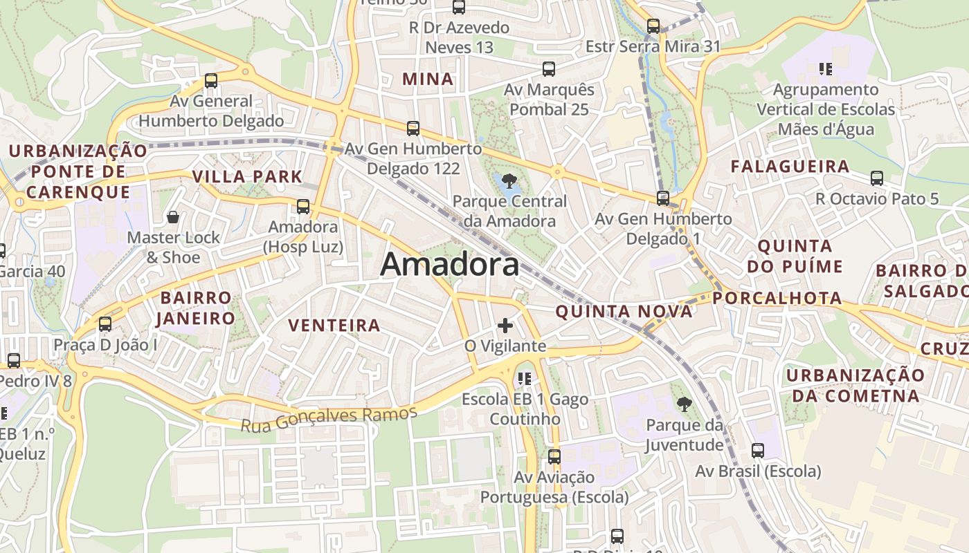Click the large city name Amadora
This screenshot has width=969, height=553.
(450, 264)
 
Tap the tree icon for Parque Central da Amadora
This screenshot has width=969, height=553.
(510, 182)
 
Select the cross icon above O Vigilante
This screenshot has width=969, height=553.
(505, 325)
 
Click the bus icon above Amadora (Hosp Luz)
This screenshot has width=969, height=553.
(302, 206)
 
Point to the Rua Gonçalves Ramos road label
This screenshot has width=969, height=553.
(329, 418)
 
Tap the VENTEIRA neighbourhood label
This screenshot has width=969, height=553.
(334, 325)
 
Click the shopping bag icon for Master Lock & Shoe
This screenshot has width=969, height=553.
(173, 217)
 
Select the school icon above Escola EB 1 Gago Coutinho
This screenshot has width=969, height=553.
(524, 378)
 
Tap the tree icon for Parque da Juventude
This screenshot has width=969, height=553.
(684, 404)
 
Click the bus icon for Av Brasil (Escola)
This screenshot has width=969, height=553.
(758, 451)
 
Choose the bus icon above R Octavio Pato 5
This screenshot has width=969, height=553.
(877, 178)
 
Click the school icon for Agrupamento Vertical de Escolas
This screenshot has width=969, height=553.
(825, 68)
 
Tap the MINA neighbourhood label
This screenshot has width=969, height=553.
(428, 79)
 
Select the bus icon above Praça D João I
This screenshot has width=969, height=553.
(105, 324)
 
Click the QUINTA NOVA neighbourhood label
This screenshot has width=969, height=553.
(624, 312)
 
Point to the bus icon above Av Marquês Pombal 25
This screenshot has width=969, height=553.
(549, 69)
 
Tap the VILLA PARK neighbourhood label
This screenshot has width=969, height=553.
(248, 176)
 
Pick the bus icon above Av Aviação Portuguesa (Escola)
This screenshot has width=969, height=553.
(554, 456)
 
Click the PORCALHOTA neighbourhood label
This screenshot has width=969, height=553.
(777, 299)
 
